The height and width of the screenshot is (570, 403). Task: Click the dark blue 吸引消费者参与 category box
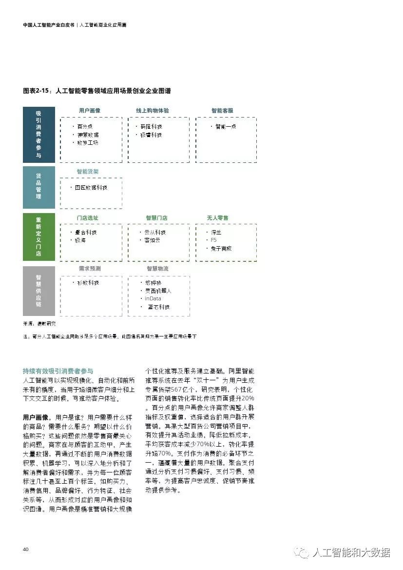click(38, 135)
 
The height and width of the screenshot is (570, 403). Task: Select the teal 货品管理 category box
click(38, 187)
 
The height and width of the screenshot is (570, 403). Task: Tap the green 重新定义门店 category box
click(38, 237)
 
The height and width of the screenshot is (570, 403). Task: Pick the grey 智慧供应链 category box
click(38, 291)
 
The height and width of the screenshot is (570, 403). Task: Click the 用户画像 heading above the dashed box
click(90, 111)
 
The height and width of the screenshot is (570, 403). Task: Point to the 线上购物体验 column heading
click(153, 111)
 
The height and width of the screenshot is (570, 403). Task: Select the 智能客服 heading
click(222, 111)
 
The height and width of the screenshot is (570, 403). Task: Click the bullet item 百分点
click(85, 126)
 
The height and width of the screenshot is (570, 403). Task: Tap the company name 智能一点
click(226, 126)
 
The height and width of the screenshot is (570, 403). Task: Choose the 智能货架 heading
click(88, 172)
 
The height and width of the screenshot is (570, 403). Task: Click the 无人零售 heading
click(217, 217)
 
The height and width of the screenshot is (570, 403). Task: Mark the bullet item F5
click(213, 240)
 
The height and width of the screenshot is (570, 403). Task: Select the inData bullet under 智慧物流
click(153, 298)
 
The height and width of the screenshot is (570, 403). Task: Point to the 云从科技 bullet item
click(155, 233)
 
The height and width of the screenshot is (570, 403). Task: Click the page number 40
click(26, 550)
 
